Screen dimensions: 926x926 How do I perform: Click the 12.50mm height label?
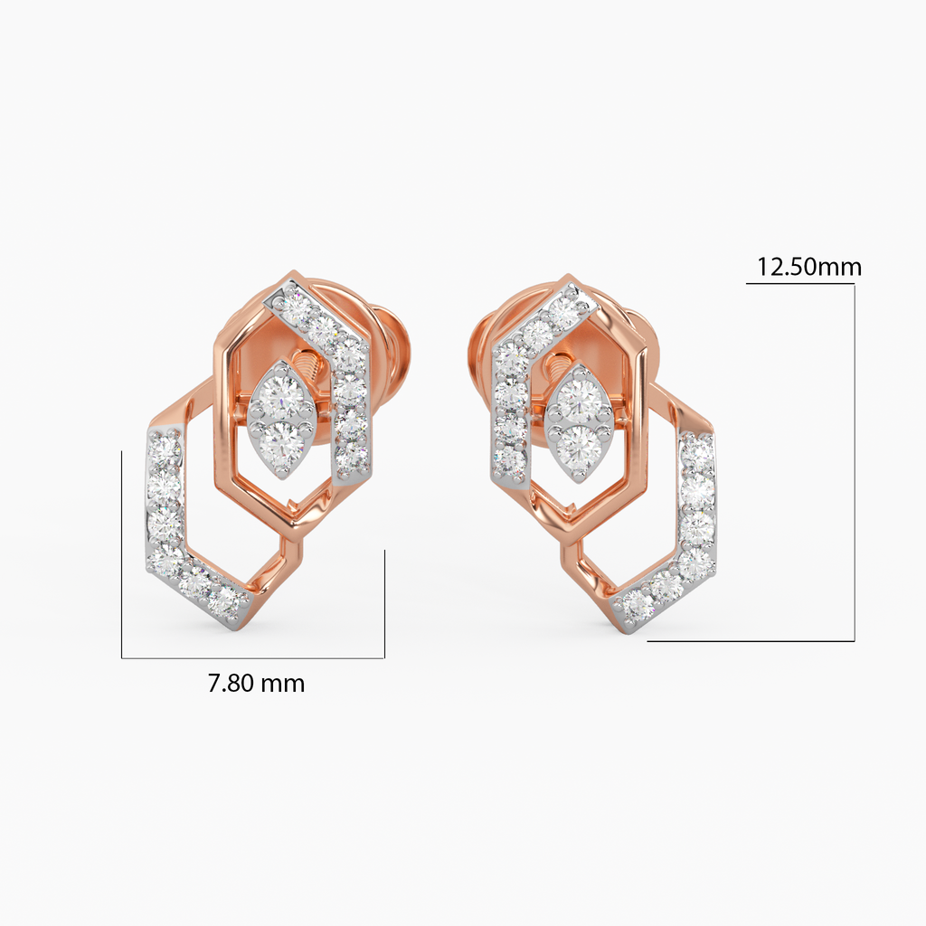(808, 267)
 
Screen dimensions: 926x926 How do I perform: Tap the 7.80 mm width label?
(256, 684)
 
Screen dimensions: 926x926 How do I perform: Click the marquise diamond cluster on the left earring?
(281, 418)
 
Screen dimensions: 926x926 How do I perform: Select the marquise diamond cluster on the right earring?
(579, 423)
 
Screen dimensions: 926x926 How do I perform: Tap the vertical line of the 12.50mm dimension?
(854, 461)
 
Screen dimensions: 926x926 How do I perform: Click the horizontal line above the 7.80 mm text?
(253, 657)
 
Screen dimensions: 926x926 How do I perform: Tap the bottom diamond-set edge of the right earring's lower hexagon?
(666, 588)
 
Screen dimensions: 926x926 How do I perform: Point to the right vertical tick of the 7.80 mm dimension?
(384, 602)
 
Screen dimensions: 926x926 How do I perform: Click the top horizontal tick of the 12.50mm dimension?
(799, 284)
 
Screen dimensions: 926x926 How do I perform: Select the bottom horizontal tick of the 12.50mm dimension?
(751, 641)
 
